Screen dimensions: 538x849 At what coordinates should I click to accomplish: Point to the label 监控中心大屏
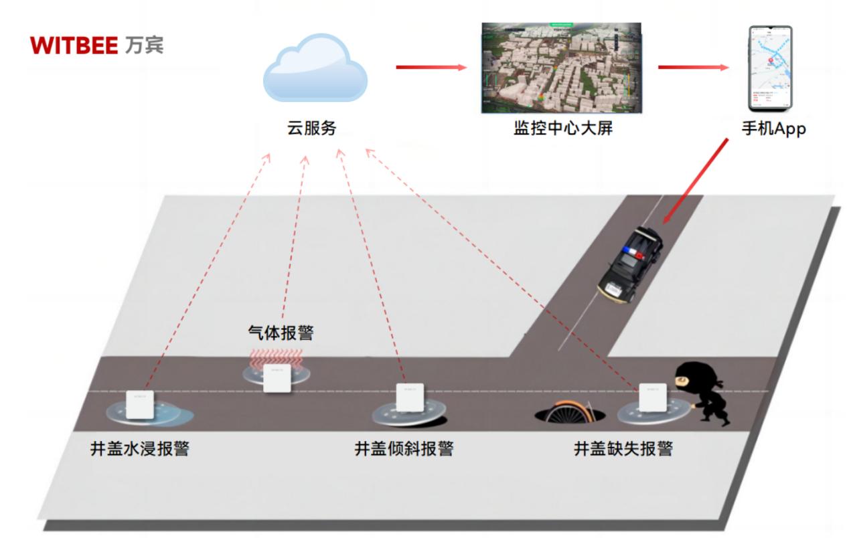(x=559, y=129)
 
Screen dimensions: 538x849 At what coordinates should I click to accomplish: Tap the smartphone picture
(x=769, y=68)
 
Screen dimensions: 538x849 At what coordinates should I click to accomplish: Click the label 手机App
(x=773, y=129)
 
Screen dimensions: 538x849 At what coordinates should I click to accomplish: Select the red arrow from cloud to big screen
(x=431, y=67)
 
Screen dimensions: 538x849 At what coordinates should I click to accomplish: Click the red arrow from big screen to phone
(x=692, y=67)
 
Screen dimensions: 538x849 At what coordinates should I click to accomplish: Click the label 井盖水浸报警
(x=140, y=448)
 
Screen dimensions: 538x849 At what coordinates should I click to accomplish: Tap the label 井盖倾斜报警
(x=403, y=448)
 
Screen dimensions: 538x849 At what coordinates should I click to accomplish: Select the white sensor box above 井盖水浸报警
(x=141, y=405)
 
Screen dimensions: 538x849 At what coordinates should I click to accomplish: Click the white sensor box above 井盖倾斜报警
(x=410, y=397)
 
